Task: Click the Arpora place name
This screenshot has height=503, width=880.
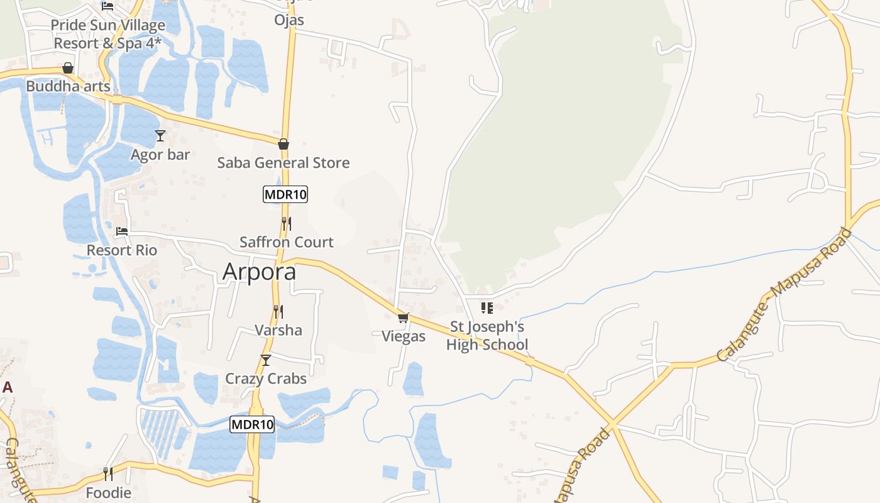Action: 259,272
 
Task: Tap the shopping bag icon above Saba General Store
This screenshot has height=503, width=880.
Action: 283,144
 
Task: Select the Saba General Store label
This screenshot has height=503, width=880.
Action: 283,163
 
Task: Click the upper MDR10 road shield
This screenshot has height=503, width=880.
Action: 285,194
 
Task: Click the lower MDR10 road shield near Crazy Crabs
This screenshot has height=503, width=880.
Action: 252,424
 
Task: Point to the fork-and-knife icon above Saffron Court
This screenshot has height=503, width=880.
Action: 286,223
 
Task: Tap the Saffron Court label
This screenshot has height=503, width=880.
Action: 286,242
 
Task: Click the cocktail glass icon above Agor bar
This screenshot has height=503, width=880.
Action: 160,136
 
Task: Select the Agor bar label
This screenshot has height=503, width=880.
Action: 160,155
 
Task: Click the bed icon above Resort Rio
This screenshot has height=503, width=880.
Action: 122,231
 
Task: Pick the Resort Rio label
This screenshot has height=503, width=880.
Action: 122,250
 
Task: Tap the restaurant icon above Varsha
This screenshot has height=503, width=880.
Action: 278,311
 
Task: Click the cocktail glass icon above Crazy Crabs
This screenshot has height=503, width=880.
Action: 266,360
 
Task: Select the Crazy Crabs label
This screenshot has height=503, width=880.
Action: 266,379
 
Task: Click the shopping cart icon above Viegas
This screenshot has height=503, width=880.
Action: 404,318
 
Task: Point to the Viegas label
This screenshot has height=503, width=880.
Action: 404,336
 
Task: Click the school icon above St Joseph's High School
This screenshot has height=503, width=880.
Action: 487,308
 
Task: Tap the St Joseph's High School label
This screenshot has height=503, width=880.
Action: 487,336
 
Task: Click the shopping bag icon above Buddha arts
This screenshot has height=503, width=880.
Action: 68,68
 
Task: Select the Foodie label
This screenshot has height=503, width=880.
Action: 108,492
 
